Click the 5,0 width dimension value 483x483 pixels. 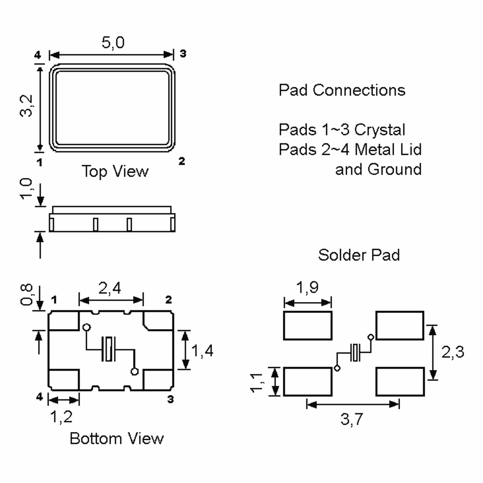tap(113, 42)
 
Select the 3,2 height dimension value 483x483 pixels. tap(26, 105)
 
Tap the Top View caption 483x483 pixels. tap(115, 171)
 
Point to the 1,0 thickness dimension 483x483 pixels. tap(26, 189)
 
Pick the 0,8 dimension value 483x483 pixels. tap(26, 294)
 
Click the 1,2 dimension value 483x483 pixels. tap(61, 417)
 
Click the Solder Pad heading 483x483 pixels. tap(359, 255)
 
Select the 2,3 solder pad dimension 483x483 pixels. tap(452, 352)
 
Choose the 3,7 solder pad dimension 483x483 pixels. tap(352, 419)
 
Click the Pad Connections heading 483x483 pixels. tap(342, 90)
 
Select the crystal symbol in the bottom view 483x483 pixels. tap(109, 349)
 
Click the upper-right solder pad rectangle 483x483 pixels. tap(400, 325)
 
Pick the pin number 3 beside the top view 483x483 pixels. tap(183, 54)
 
